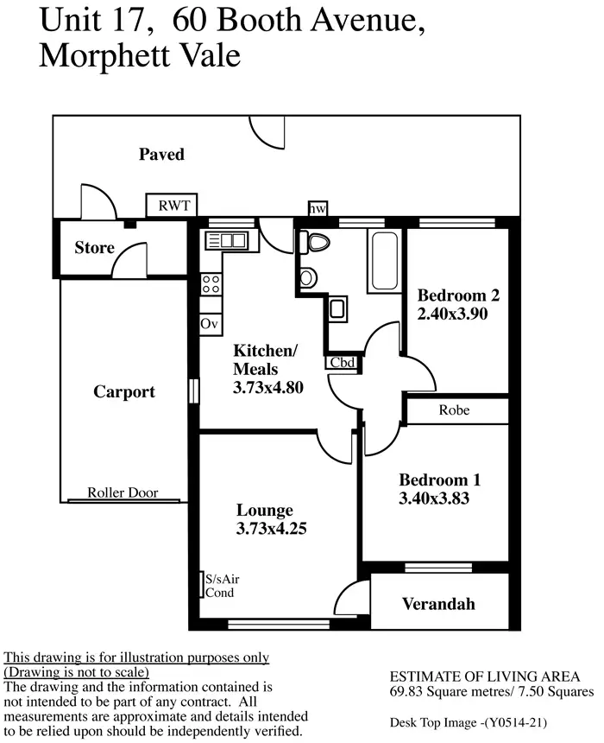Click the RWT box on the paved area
172,206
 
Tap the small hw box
318,208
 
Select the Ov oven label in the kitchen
209,323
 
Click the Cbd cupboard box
342,362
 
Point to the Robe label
454,410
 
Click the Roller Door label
123,493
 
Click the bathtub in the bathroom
382,261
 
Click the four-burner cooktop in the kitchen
211,283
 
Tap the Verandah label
438,604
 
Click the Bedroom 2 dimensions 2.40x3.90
453,314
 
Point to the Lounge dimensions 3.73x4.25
271,530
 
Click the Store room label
94,248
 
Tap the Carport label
123,391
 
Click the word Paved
161,155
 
